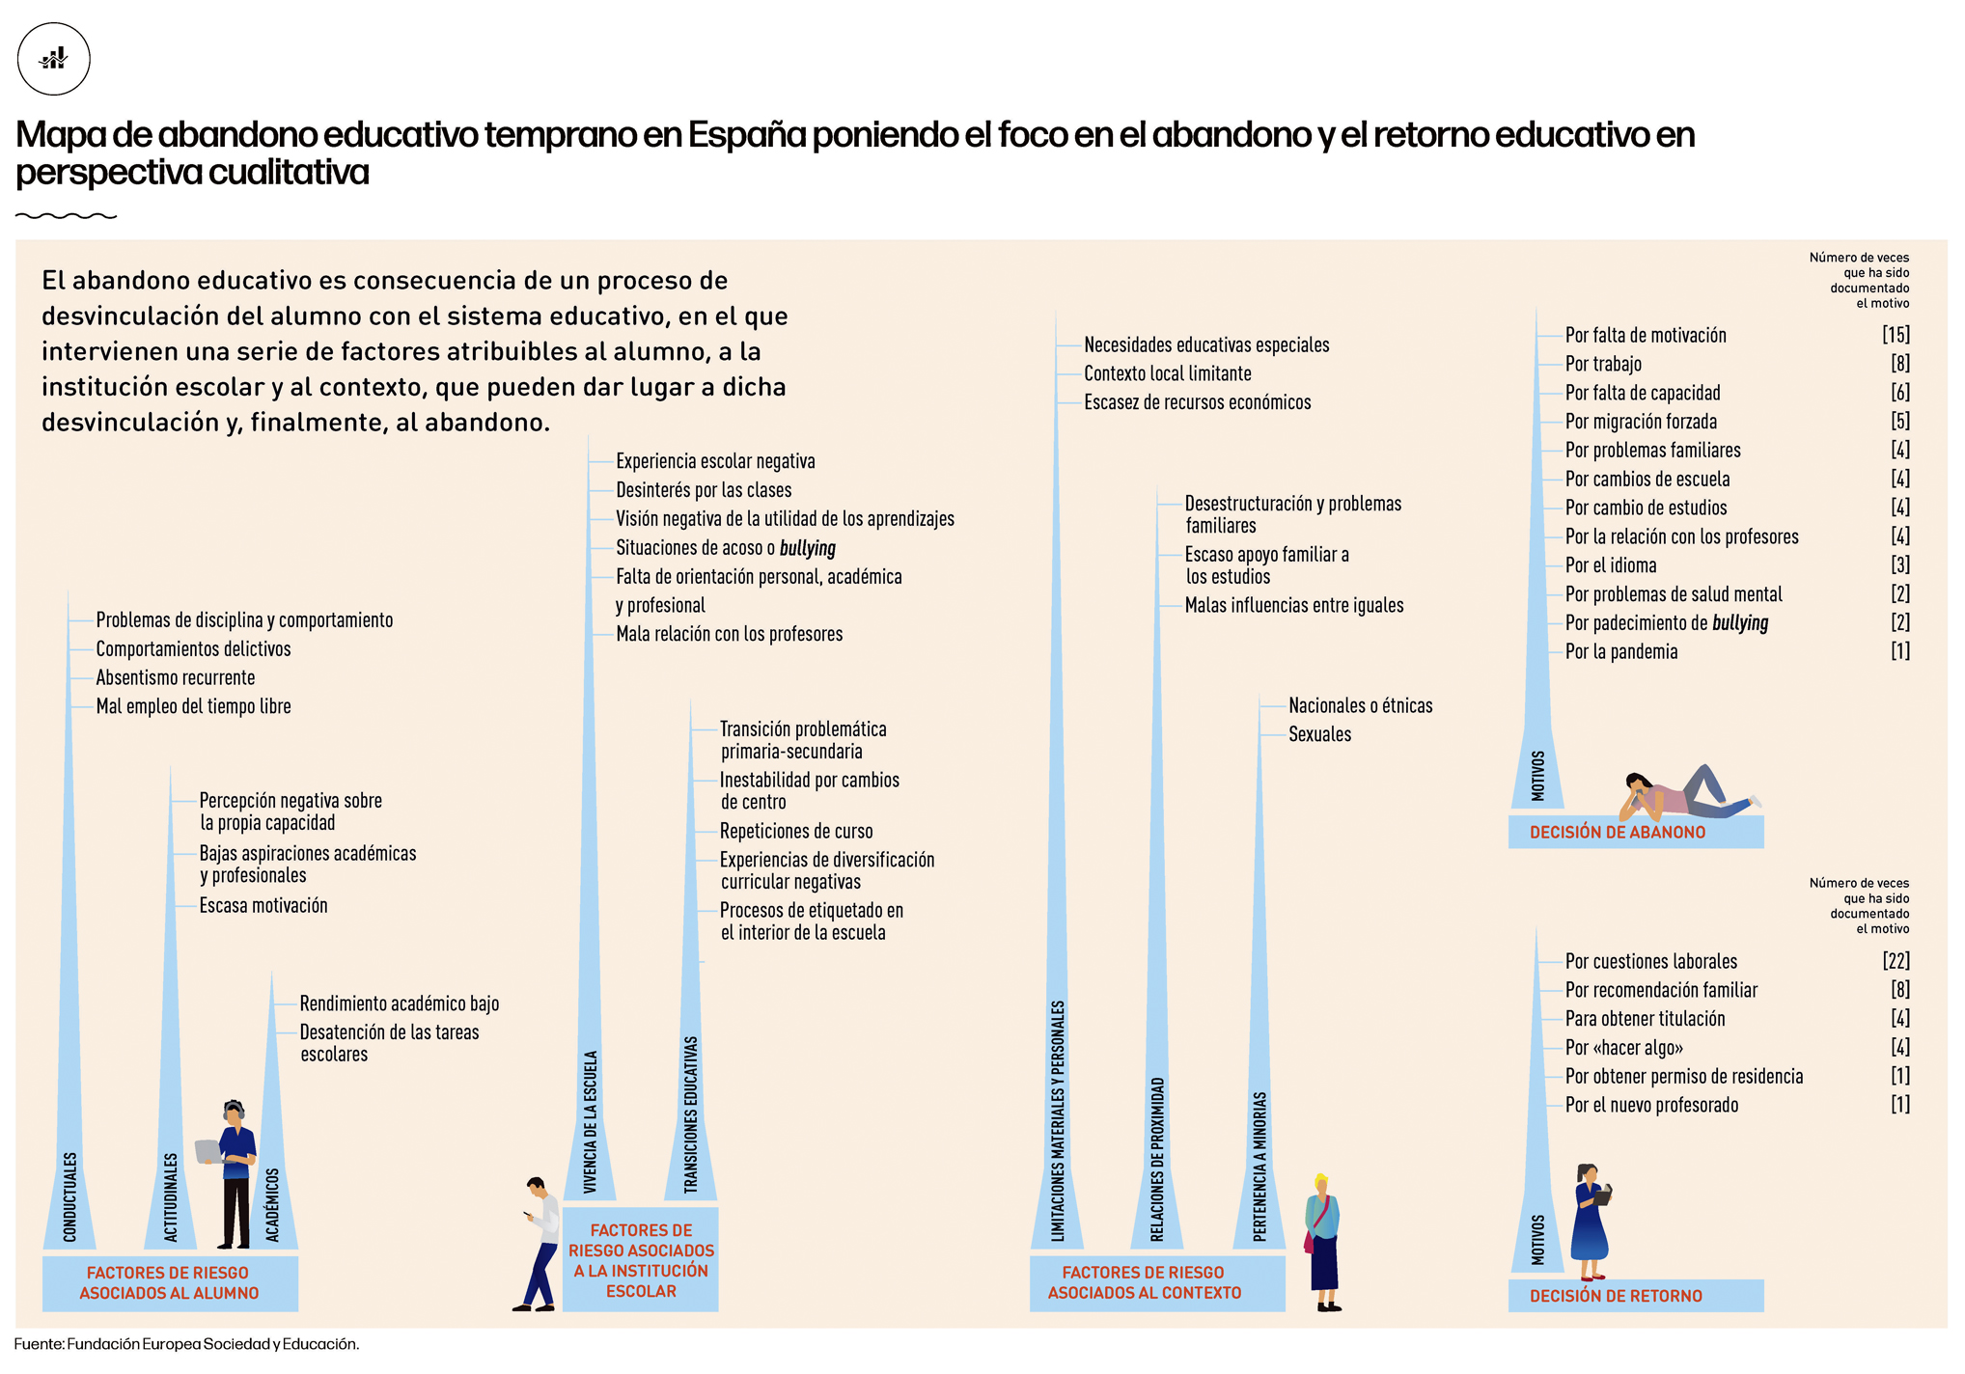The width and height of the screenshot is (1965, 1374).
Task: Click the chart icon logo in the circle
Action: [x=54, y=59]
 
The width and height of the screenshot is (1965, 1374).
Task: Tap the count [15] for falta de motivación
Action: [x=1895, y=335]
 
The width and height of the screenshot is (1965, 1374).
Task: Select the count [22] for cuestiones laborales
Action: [x=1895, y=961]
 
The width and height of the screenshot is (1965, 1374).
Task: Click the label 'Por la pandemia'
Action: [x=1620, y=652]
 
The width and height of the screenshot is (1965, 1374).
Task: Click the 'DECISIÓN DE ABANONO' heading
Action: [x=1617, y=832]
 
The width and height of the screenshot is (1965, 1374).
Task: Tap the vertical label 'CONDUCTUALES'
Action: [x=69, y=1196]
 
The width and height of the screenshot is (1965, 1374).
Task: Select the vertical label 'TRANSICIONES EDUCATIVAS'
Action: [x=690, y=1114]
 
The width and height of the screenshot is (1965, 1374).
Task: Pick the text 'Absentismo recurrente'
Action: [x=175, y=677]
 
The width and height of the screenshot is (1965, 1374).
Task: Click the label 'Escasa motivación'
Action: [x=263, y=905]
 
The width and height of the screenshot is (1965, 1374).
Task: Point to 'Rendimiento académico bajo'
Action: [x=399, y=1003]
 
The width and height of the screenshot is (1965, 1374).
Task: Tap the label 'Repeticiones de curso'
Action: [x=795, y=831]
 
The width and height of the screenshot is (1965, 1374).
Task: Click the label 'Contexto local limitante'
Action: [x=1167, y=373]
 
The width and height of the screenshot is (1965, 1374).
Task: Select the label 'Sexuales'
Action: [x=1319, y=734]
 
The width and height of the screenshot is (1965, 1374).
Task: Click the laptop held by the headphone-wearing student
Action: [x=208, y=1151]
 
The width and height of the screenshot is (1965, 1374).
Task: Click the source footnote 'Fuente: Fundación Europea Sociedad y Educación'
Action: [x=186, y=1344]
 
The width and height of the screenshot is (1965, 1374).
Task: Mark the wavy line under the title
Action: [x=66, y=216]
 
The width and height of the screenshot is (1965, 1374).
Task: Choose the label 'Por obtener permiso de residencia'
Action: [x=1683, y=1077]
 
